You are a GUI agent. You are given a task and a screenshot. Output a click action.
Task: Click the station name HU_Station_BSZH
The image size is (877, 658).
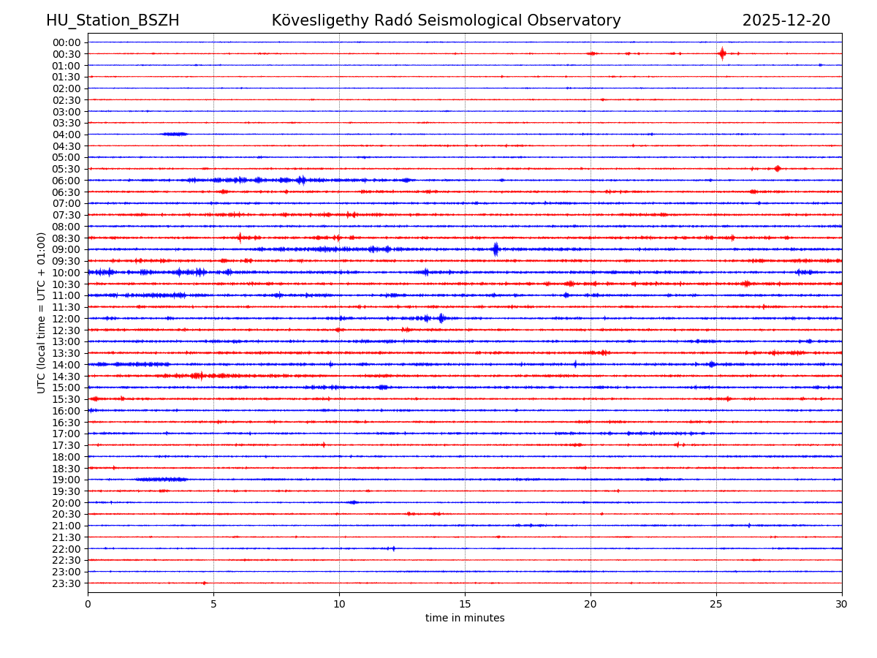tap(113, 20)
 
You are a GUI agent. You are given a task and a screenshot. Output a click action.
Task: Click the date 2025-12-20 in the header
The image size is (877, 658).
tap(786, 20)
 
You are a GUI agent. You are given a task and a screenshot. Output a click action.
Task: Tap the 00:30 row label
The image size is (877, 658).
tap(67, 54)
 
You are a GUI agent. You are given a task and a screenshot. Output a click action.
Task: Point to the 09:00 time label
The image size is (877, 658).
tap(67, 249)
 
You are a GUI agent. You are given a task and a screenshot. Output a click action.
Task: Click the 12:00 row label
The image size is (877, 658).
tap(67, 319)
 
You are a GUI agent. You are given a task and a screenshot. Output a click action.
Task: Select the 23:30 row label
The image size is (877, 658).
tap(67, 583)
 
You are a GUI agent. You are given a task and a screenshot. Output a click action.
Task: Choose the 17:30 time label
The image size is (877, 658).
tap(67, 445)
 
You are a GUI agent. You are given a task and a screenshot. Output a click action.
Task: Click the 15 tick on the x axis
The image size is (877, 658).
tap(465, 604)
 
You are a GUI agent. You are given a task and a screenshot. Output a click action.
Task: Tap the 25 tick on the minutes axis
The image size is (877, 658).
tap(716, 604)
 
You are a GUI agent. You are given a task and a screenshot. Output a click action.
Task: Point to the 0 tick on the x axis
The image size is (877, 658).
tap(88, 604)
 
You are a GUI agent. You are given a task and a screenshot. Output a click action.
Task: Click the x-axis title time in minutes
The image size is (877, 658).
tap(465, 619)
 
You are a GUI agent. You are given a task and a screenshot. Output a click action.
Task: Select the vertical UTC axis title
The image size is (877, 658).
tap(42, 312)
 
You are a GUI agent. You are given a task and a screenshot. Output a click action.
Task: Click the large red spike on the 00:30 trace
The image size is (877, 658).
tap(722, 53)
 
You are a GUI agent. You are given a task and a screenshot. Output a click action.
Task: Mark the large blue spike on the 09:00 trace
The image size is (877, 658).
tap(496, 249)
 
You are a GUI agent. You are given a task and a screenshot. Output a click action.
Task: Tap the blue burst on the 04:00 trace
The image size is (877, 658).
tap(175, 134)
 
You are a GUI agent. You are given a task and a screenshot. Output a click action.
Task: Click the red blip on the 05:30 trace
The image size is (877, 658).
tap(777, 169)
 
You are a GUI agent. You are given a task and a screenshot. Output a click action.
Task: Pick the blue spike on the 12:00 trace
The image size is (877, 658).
tap(441, 318)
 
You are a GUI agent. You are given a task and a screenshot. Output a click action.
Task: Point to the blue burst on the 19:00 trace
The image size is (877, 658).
tap(162, 480)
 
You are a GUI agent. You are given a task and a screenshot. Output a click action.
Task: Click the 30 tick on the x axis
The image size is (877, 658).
tap(842, 604)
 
